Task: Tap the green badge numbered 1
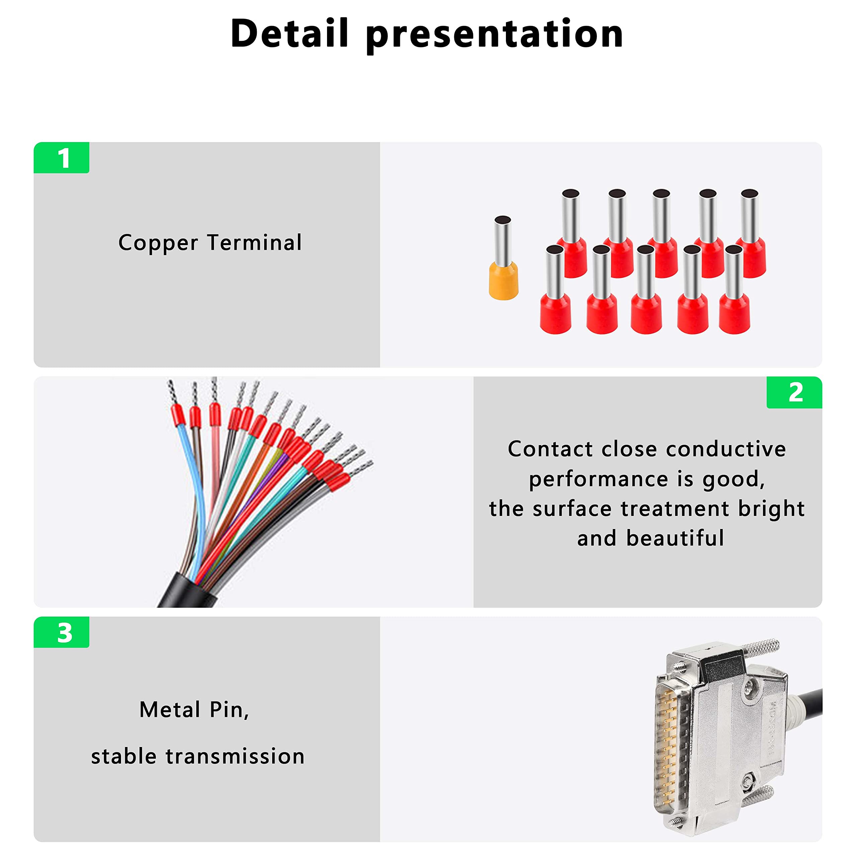(x=62, y=158)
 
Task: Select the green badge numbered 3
(x=62, y=632)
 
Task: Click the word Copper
(x=158, y=243)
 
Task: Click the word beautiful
(x=675, y=538)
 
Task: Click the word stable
(x=124, y=756)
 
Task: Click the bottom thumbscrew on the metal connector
(x=758, y=795)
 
